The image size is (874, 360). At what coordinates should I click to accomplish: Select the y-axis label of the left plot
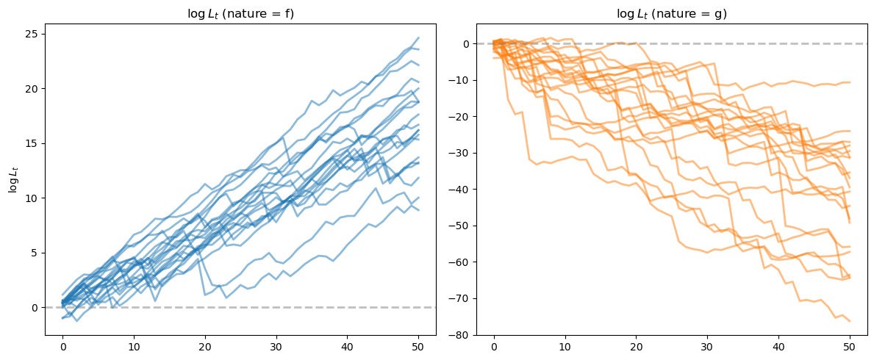(12, 179)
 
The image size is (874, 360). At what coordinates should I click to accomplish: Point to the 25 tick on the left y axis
(32, 34)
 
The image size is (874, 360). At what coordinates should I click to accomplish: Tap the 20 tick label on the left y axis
(32, 88)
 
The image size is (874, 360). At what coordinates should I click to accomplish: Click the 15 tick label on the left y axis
(32, 143)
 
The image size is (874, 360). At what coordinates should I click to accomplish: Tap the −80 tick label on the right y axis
(460, 334)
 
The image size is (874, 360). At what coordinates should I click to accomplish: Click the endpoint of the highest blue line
(418, 37)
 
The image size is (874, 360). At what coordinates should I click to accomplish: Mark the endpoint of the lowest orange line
(850, 321)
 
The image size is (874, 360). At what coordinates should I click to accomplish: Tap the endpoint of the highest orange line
(850, 82)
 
